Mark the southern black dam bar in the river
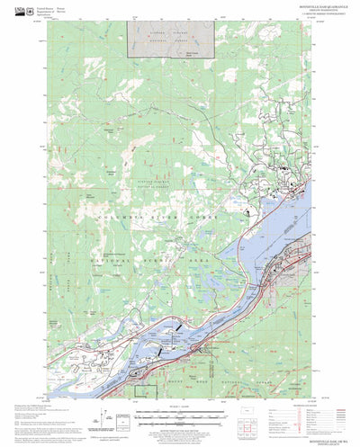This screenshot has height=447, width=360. click(x=161, y=354)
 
